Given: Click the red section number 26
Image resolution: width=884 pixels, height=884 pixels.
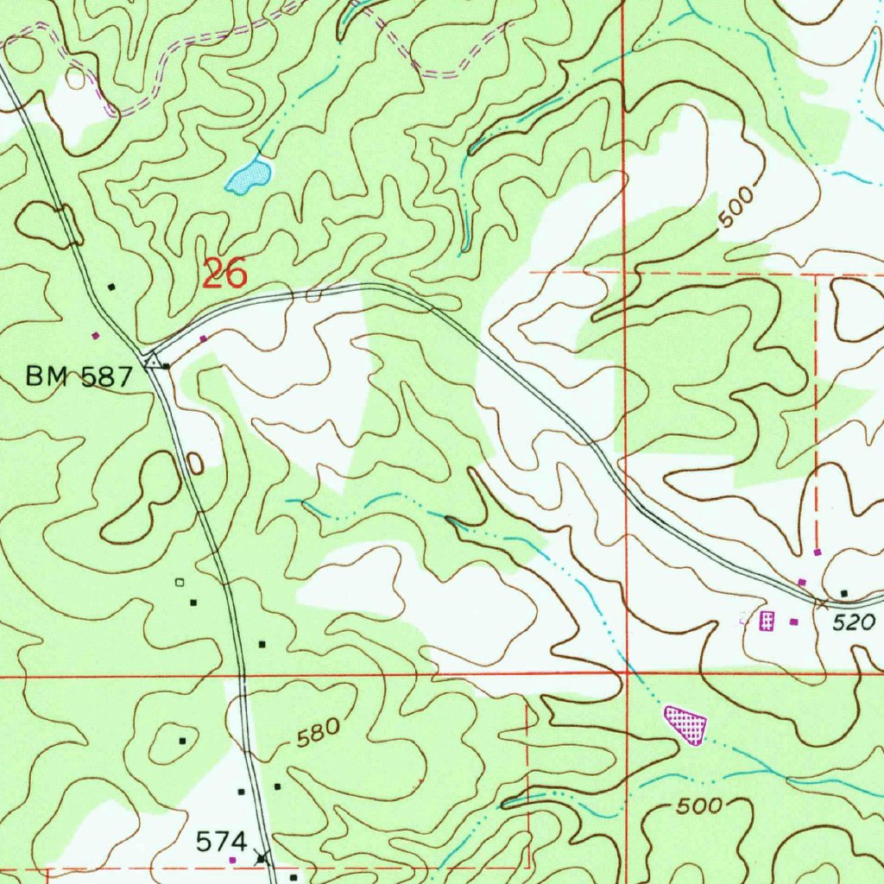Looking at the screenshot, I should click(225, 274).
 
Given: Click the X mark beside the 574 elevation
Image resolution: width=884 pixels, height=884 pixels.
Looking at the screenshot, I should click(262, 858).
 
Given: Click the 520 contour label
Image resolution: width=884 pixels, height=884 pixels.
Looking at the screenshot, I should click(856, 622).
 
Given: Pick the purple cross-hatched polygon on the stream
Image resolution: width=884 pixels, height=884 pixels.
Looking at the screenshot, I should click(687, 724).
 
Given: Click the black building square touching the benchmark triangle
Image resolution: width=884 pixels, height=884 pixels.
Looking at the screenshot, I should click(167, 365).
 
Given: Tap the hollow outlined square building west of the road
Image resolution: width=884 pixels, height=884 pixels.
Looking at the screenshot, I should click(180, 583).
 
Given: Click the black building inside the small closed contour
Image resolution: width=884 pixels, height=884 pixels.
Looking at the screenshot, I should click(182, 741).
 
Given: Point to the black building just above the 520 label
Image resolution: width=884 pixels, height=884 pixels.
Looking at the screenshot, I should click(844, 593).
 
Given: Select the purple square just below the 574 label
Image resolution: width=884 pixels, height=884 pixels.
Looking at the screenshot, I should click(231, 860).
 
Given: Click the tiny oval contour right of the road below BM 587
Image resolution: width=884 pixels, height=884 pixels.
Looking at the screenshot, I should click(195, 464).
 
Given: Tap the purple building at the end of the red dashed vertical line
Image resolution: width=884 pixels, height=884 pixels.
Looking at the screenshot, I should click(818, 552).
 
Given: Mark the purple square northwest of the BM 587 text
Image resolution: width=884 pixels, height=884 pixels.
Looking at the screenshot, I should click(95, 335).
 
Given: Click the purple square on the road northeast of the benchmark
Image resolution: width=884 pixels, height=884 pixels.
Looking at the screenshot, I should click(203, 338).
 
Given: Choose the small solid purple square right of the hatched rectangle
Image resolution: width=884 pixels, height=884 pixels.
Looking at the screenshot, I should click(794, 621).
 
